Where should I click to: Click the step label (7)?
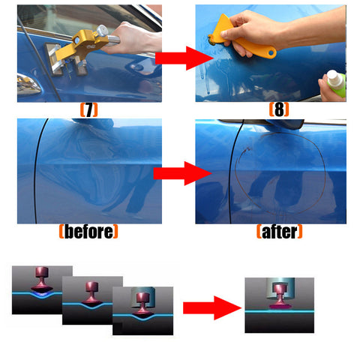[88, 110]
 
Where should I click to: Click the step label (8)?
[279, 109]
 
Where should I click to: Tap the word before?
[88, 232]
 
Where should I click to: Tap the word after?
[280, 232]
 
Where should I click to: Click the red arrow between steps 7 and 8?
[184, 58]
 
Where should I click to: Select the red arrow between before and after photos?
[183, 173]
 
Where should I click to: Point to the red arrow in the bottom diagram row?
[212, 308]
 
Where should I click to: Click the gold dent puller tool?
[80, 47]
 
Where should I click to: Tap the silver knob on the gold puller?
[102, 31]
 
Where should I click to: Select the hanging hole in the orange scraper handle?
[271, 53]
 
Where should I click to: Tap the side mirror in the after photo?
[285, 124]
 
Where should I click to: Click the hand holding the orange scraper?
[253, 30]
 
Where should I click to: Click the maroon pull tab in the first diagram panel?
[42, 279]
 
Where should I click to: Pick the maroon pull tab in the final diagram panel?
[279, 296]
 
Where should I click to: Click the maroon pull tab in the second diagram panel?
[91, 293]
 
